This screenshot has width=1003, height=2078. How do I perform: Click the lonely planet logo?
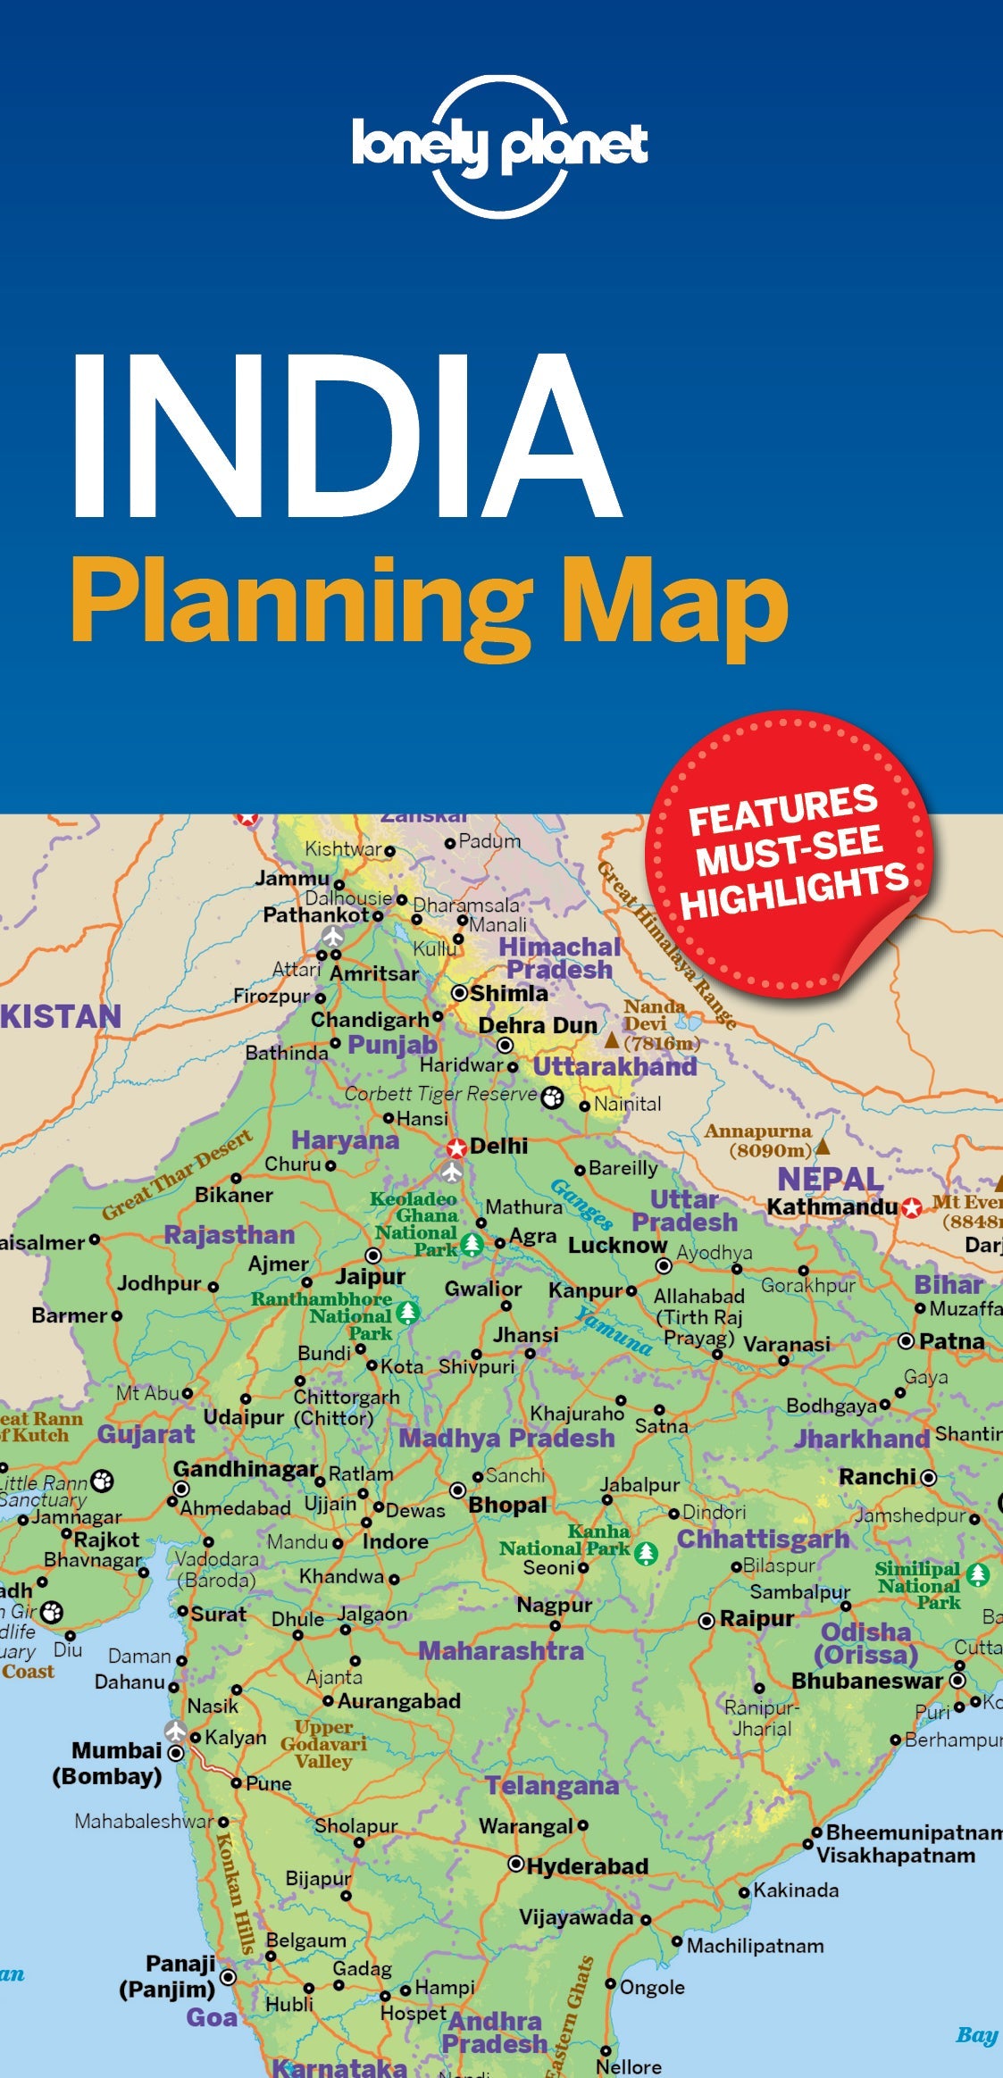pyautogui.click(x=500, y=146)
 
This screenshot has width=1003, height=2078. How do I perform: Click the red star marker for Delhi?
pyautogui.click(x=456, y=1147)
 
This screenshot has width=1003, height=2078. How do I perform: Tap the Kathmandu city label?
pyautogui.click(x=832, y=1207)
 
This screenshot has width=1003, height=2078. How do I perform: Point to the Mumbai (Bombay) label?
pyautogui.click(x=108, y=1763)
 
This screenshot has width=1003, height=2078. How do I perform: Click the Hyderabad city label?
pyautogui.click(x=587, y=1866)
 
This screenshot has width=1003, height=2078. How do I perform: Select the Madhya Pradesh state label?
pyautogui.click(x=506, y=1438)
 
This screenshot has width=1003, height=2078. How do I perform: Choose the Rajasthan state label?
pyautogui.click(x=229, y=1235)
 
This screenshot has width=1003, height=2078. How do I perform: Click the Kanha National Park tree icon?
pyautogui.click(x=646, y=1553)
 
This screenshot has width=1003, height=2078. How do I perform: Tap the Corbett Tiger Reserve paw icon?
pyautogui.click(x=553, y=1097)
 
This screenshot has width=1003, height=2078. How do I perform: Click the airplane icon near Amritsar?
pyautogui.click(x=333, y=937)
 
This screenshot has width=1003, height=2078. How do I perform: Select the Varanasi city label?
pyautogui.click(x=786, y=1344)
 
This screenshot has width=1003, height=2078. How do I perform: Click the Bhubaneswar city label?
pyautogui.click(x=866, y=1681)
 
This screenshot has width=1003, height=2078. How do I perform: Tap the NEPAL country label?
pyautogui.click(x=830, y=1179)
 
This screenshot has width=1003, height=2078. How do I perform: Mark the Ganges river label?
pyautogui.click(x=581, y=1203)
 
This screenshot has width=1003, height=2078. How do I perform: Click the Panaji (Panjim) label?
pyautogui.click(x=168, y=1975)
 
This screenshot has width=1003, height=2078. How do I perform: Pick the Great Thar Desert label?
pyautogui.click(x=177, y=1176)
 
